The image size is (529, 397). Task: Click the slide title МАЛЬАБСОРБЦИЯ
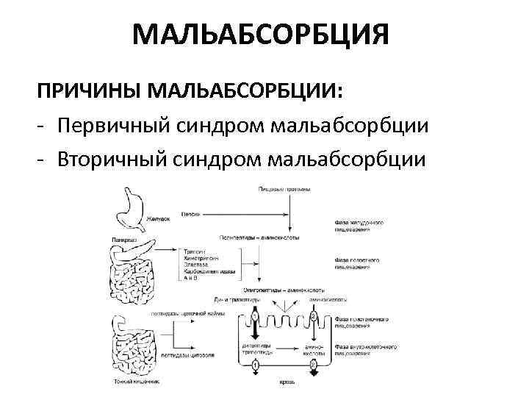[x=260, y=35]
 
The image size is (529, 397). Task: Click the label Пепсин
[x=190, y=213]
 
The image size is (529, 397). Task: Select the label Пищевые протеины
[x=284, y=190]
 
